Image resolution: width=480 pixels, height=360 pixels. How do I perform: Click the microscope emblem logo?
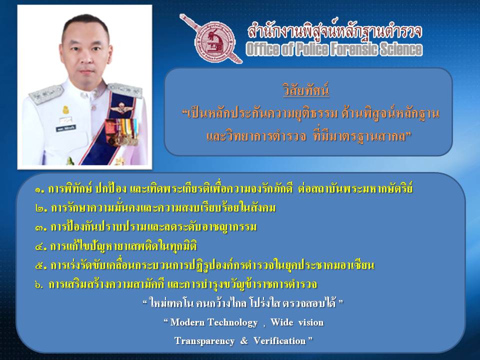coord(214,41)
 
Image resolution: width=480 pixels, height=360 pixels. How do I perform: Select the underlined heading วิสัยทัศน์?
coord(306,89)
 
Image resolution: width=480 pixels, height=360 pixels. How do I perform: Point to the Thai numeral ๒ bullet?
coord(40,209)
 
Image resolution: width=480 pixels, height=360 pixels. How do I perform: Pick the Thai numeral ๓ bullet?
coord(40,228)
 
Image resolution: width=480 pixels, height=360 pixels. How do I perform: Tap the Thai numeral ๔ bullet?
coord(40,246)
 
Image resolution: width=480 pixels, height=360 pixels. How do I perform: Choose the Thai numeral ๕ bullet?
coord(40,265)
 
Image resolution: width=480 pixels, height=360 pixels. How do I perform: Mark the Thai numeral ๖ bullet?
coord(38,284)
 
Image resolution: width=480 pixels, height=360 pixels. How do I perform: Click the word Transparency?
coord(204,341)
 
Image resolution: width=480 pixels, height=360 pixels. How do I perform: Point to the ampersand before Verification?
coord(244,340)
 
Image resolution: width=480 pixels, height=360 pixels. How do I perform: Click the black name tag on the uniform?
coord(65,128)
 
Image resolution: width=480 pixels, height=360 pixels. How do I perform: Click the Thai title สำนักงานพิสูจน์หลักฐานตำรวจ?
coord(334,31)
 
